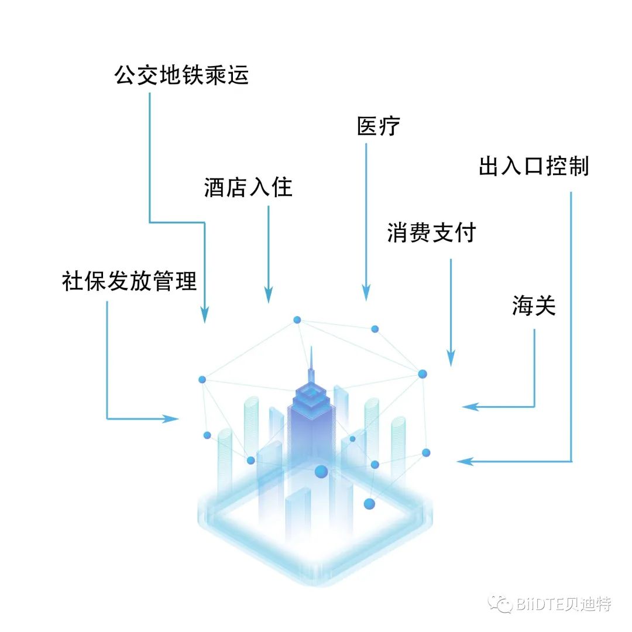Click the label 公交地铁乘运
[x=182, y=75]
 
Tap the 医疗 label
[x=379, y=126]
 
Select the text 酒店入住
[x=248, y=188]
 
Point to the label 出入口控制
[x=534, y=166]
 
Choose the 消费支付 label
[x=431, y=233]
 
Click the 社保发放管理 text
[x=129, y=281]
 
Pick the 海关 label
[x=534, y=306]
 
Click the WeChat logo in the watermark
[x=502, y=603]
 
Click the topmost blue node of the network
[x=297, y=320]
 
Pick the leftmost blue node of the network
[x=202, y=380]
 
